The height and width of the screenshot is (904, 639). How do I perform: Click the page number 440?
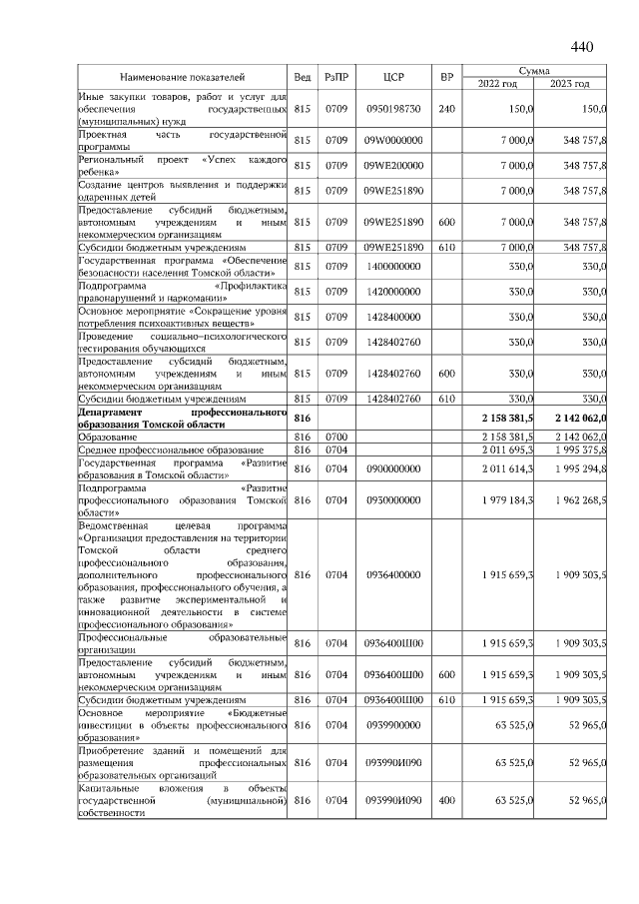tap(581, 46)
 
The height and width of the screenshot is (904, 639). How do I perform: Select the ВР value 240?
tap(446, 108)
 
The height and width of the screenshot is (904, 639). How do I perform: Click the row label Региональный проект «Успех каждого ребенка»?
tap(182, 165)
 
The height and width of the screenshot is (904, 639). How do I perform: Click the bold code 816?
tap(304, 418)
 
